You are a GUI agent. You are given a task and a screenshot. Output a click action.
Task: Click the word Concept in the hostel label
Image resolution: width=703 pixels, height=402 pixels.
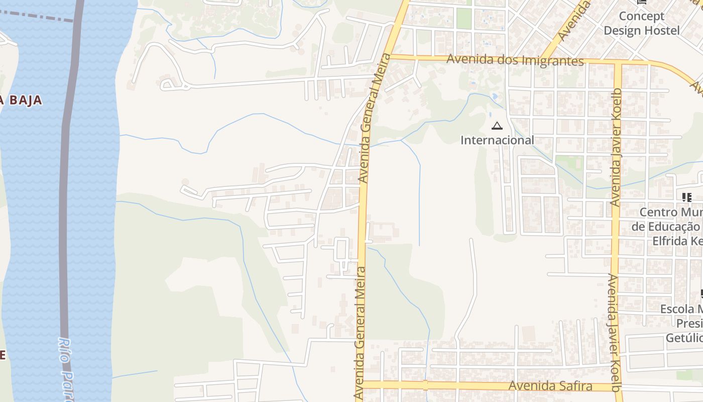(x=641, y=16)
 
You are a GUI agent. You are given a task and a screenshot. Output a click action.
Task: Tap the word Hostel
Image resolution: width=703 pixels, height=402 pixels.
(x=662, y=31)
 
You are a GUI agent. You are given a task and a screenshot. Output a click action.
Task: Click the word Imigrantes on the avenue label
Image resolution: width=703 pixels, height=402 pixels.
(x=553, y=60)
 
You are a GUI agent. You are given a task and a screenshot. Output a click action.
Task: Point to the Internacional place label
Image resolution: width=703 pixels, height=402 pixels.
(x=497, y=140)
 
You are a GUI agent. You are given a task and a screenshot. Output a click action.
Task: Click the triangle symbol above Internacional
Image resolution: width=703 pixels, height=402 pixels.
(x=497, y=126)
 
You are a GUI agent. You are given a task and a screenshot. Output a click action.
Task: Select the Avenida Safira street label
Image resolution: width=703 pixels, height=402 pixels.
(x=550, y=386)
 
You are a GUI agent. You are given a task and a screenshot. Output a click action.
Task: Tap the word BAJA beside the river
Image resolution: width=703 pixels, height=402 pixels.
(x=24, y=100)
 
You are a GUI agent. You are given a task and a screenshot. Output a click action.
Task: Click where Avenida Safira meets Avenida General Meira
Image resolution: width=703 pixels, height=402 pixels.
(x=360, y=384)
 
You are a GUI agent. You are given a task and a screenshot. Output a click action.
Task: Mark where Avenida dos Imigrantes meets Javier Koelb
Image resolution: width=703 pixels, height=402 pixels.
(x=618, y=63)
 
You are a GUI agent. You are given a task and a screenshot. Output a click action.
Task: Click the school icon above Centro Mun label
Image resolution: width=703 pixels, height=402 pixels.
(x=686, y=197)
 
